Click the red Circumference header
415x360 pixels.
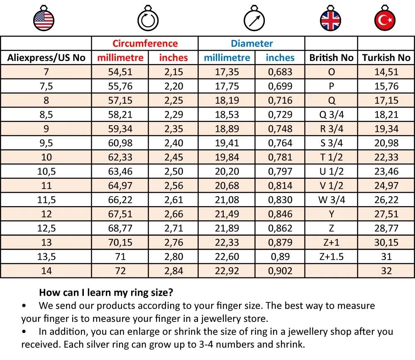[x=145, y=44]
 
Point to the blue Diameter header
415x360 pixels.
[x=252, y=44]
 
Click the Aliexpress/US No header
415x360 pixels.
[x=46, y=58]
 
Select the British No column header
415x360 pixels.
[x=331, y=58]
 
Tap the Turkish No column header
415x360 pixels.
[x=386, y=58]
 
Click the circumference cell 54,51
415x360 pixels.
[x=120, y=72]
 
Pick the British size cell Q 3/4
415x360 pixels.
[x=331, y=114]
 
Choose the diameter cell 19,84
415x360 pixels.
[x=227, y=157]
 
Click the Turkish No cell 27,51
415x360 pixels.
[x=386, y=214]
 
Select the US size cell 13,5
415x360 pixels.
[x=46, y=257]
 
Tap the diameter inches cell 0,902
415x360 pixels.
[x=280, y=271]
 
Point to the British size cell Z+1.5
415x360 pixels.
[x=331, y=257]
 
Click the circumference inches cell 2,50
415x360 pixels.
[x=173, y=171]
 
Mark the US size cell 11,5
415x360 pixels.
[x=46, y=200]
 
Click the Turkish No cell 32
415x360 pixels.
[x=386, y=271]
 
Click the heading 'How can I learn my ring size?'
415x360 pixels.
[x=106, y=292]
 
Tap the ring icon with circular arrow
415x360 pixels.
[x=148, y=19]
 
